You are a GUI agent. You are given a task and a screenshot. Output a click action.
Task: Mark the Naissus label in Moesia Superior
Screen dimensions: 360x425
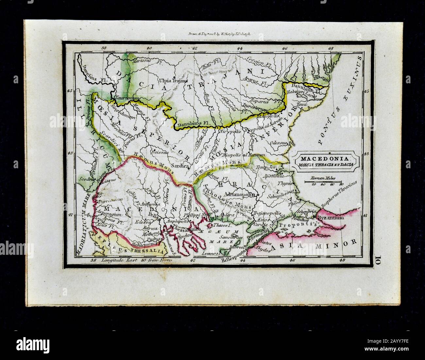(x=159, y=152)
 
